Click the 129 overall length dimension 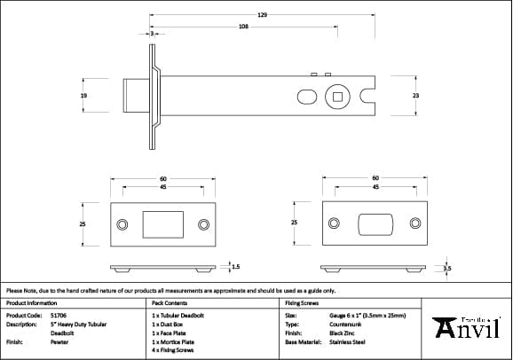click(x=263, y=15)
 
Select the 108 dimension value click(x=243, y=27)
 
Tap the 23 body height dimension click(x=415, y=95)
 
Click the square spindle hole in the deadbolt click(x=337, y=95)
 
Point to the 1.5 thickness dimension click(x=234, y=266)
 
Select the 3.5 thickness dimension click(x=447, y=267)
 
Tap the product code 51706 click(x=58, y=315)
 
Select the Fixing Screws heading click(x=300, y=302)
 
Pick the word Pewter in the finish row click(x=59, y=341)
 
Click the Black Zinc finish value click(x=343, y=333)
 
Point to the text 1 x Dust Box click(x=169, y=324)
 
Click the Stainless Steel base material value click(x=348, y=341)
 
